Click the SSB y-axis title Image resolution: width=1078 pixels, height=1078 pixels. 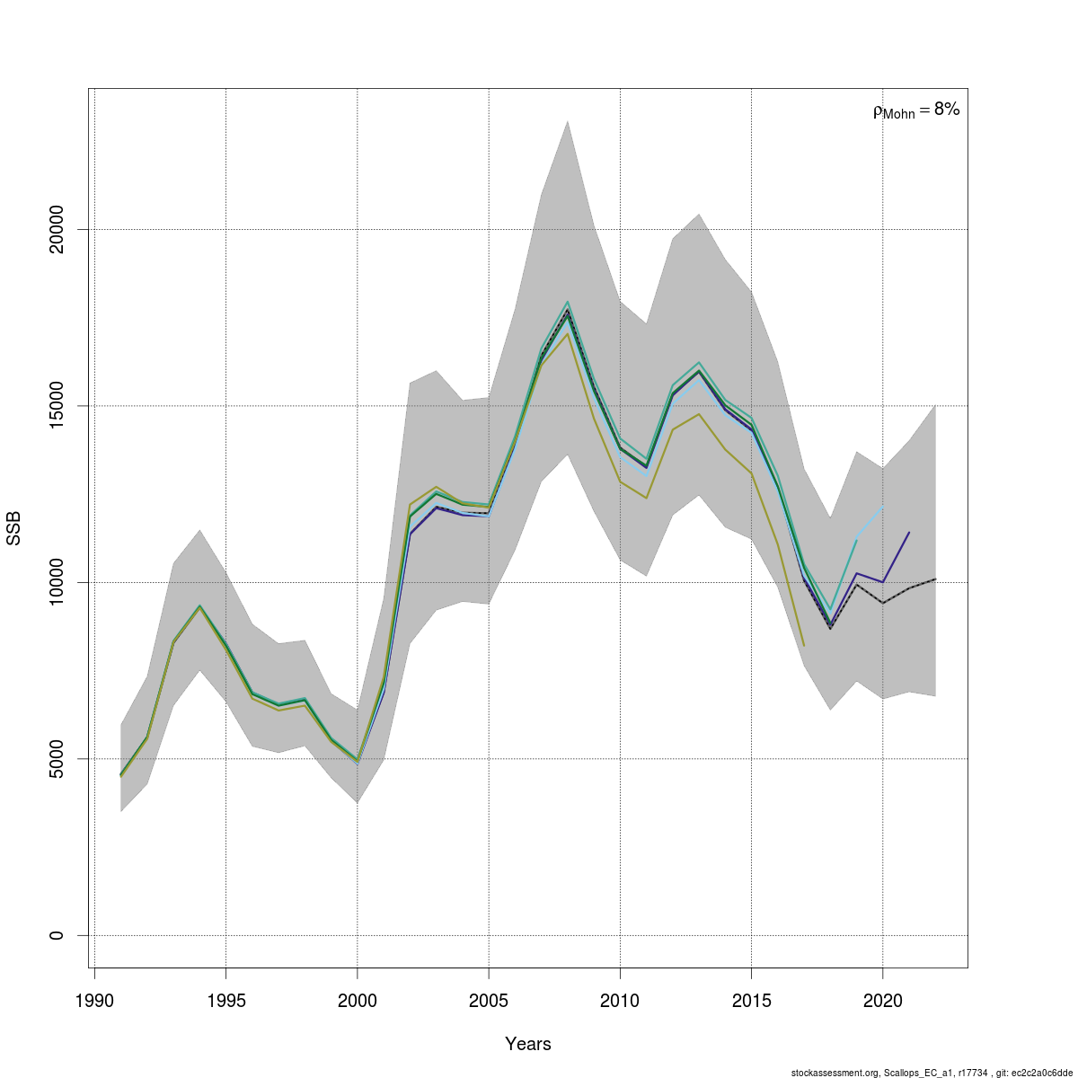[13, 528]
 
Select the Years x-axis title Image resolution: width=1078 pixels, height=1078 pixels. [528, 1044]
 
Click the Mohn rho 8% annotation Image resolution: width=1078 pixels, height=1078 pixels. [916, 110]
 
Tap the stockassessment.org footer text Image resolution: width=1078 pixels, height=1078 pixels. [932, 1072]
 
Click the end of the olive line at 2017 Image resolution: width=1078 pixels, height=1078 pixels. [804, 645]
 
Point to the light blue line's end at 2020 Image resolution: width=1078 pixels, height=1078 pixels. [883, 507]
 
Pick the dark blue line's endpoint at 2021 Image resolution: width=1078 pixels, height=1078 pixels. [909, 533]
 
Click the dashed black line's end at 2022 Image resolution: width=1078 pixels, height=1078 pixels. [935, 579]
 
